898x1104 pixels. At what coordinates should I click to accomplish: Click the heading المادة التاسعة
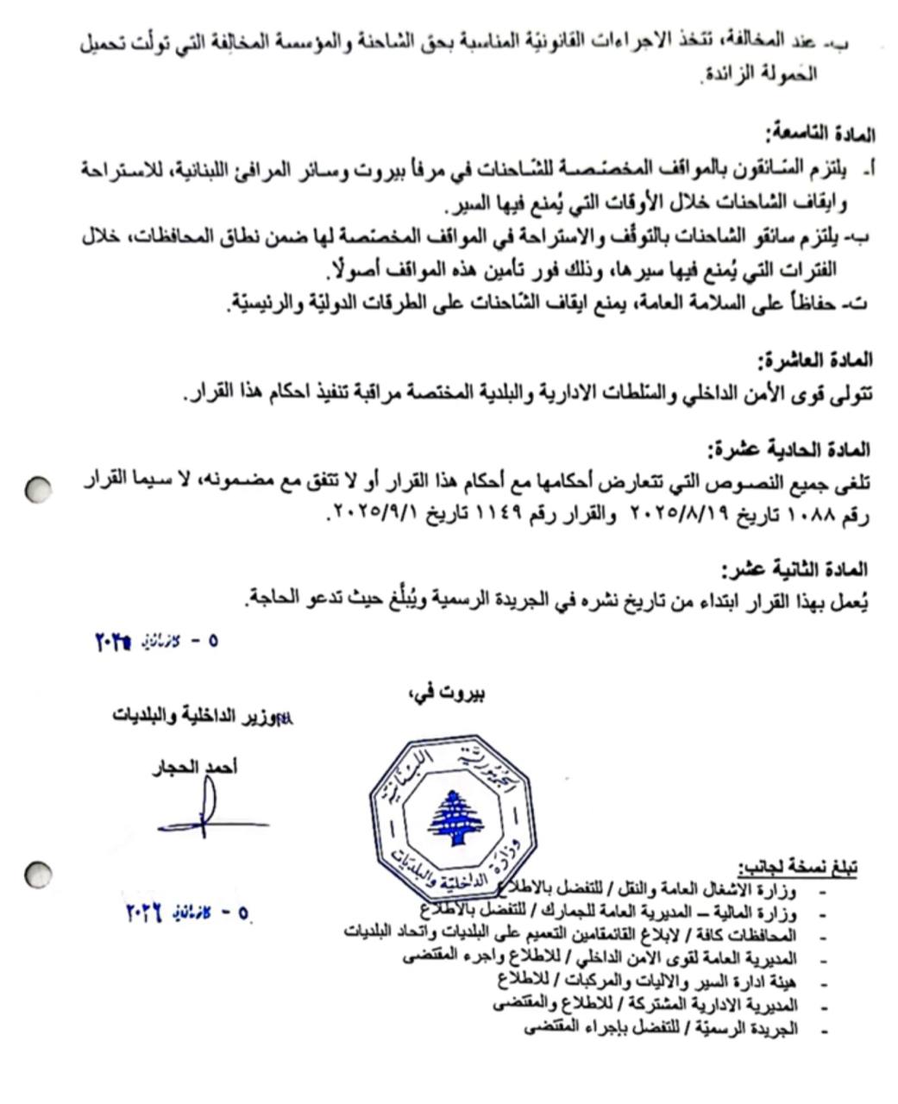point(820,134)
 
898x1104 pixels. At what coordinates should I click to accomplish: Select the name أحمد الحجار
point(195,767)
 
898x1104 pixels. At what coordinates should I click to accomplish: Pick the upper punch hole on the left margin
point(38,490)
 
